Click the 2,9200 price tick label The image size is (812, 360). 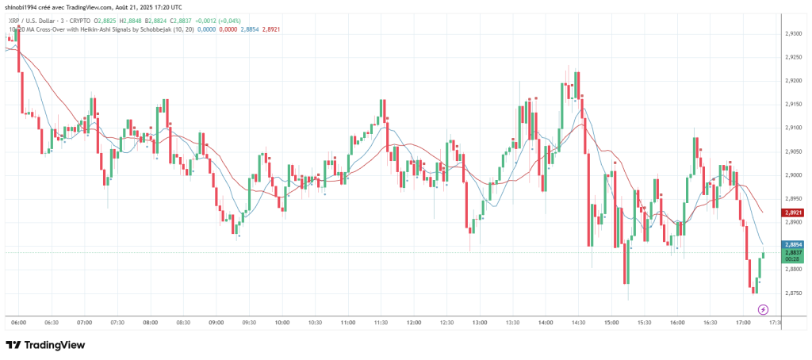coord(795,80)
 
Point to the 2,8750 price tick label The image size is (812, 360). coord(795,293)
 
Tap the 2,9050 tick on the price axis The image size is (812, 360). coord(795,151)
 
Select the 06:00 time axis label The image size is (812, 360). coord(20,323)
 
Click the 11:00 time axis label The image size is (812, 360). coord(347,323)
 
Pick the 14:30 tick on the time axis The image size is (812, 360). coord(577,323)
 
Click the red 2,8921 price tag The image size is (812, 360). coord(795,213)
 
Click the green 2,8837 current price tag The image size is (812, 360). coord(795,253)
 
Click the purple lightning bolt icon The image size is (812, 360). coord(753,308)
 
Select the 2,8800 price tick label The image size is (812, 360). coord(795,270)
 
